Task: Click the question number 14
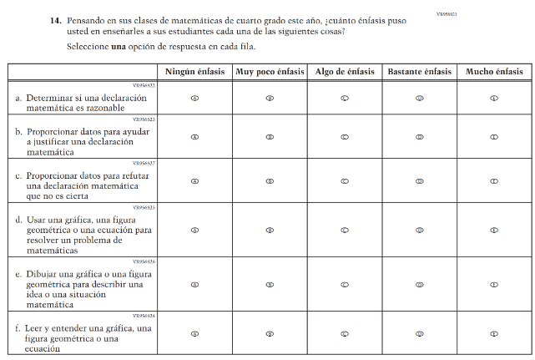pos(54,19)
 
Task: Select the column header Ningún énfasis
pos(194,73)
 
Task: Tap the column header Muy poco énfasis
pos(270,73)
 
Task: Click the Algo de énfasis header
pos(343,73)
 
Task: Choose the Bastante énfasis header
pos(420,73)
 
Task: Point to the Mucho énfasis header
pos(494,73)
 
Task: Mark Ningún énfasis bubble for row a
pos(194,98)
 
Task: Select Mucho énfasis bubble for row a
pos(494,98)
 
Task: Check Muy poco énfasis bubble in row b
pos(270,137)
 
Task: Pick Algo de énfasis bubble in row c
pos(344,180)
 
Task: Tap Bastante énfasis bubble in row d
pos(420,230)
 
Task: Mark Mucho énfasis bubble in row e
pos(494,285)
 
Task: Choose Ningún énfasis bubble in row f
pos(194,333)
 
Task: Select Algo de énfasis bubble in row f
pos(344,333)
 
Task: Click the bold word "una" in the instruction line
pos(118,46)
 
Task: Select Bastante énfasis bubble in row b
pos(420,137)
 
